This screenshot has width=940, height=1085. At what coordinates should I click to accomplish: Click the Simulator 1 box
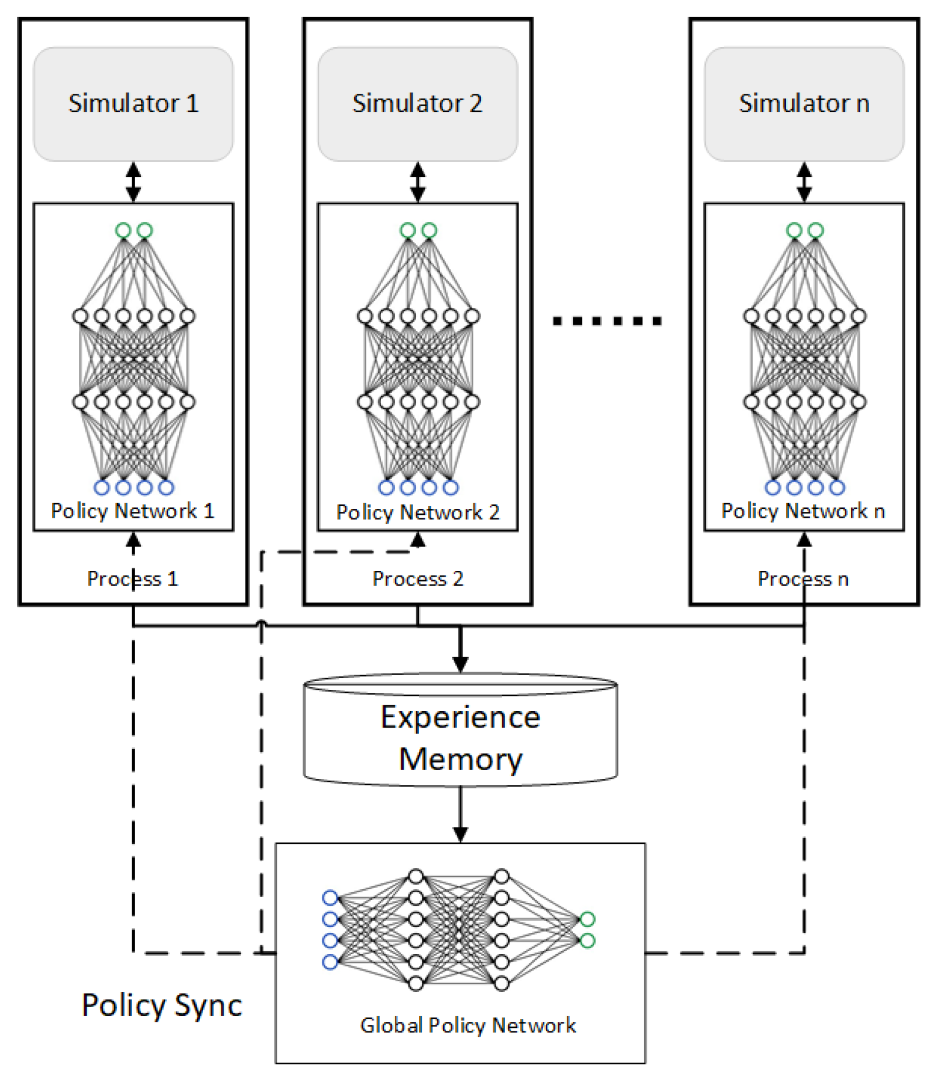(133, 104)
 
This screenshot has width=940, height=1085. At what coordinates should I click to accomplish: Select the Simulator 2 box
(418, 104)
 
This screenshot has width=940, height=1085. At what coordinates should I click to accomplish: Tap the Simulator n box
(804, 104)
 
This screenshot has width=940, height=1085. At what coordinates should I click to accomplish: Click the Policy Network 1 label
(132, 511)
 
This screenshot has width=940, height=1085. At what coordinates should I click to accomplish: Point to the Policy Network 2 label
(418, 512)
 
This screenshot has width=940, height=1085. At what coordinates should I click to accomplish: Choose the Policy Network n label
(803, 511)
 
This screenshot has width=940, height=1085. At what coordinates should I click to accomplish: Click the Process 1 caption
(132, 578)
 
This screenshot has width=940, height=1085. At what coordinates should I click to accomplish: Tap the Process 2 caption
(418, 578)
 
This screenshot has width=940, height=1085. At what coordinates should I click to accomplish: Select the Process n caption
(803, 578)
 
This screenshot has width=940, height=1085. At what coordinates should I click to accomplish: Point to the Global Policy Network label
(468, 1025)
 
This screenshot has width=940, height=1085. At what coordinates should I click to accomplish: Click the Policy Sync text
(162, 1005)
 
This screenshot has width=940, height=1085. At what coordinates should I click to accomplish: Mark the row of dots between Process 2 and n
(607, 321)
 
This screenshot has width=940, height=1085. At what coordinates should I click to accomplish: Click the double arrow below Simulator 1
(133, 182)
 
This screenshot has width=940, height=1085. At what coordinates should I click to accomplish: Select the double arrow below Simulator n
(804, 182)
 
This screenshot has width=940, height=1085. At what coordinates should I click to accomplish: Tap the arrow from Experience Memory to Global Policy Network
(460, 817)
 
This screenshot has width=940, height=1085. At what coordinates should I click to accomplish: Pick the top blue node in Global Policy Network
(330, 898)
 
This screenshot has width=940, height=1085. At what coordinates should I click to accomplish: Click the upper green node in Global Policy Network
(587, 919)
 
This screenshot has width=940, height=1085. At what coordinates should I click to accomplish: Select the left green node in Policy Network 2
(407, 231)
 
